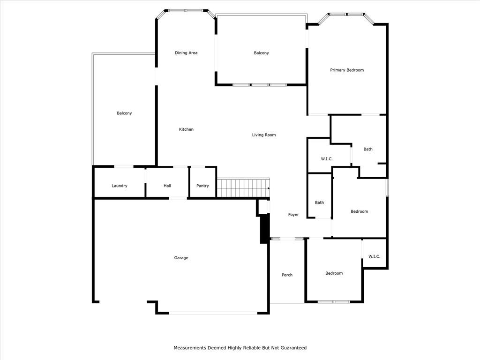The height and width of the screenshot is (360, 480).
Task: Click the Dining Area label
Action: (186, 52)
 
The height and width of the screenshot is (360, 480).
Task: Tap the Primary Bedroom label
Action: (347, 70)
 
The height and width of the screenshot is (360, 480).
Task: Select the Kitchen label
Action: (186, 129)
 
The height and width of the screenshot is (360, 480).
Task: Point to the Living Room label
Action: (264, 135)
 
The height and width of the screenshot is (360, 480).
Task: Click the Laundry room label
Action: (120, 186)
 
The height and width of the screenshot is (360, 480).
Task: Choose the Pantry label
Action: (202, 186)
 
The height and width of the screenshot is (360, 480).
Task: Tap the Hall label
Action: (167, 186)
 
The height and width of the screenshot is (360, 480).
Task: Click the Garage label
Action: (181, 258)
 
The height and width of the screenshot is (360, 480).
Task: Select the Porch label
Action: (287, 275)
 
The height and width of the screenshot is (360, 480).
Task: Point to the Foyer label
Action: (293, 215)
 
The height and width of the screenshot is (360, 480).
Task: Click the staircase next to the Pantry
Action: (243, 188)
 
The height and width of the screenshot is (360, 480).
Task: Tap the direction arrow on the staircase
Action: (269, 188)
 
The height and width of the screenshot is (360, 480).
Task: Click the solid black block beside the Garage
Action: (264, 229)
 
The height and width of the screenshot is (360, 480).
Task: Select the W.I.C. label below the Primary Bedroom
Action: (327, 159)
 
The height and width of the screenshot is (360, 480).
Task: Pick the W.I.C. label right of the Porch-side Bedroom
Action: (374, 256)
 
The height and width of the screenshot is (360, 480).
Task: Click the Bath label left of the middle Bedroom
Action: (319, 202)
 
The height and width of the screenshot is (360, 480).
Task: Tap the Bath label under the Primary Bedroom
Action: (368, 149)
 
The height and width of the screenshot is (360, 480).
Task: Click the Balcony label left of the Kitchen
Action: (124, 113)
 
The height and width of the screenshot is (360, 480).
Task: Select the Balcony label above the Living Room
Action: (262, 53)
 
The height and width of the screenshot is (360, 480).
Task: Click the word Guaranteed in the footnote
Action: (293, 348)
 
